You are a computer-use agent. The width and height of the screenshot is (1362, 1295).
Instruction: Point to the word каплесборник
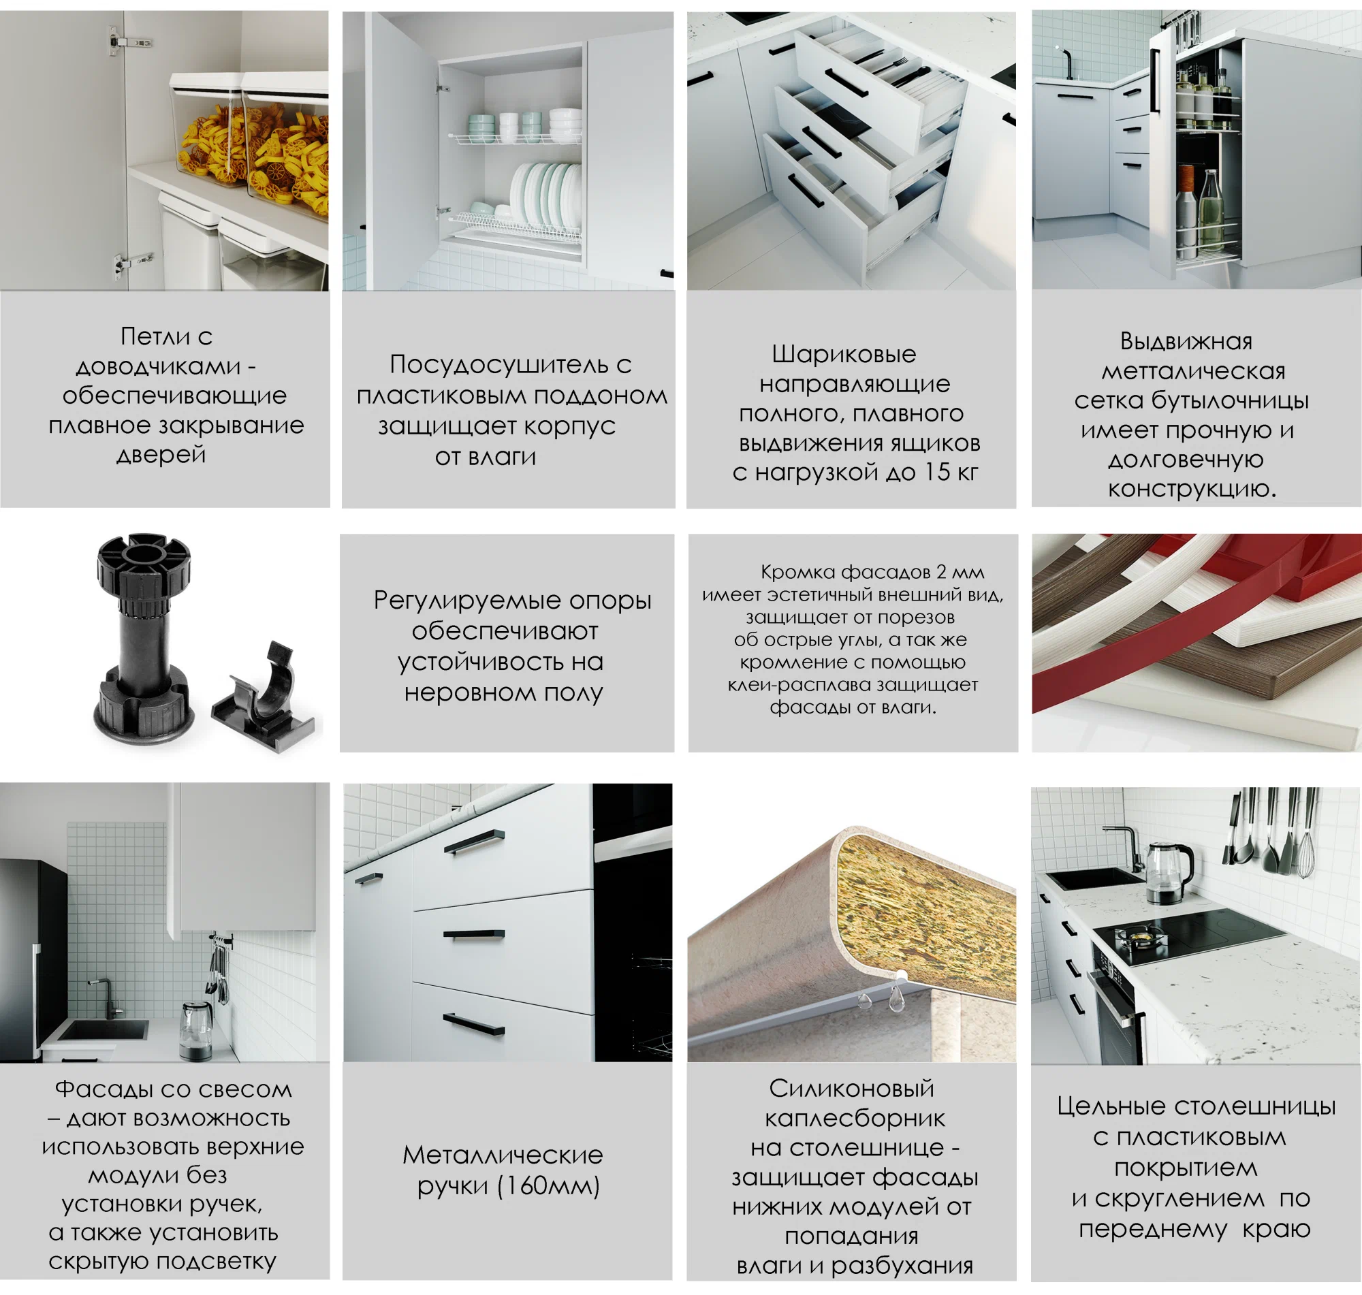(855, 1118)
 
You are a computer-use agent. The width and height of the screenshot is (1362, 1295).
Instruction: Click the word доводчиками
(158, 366)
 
